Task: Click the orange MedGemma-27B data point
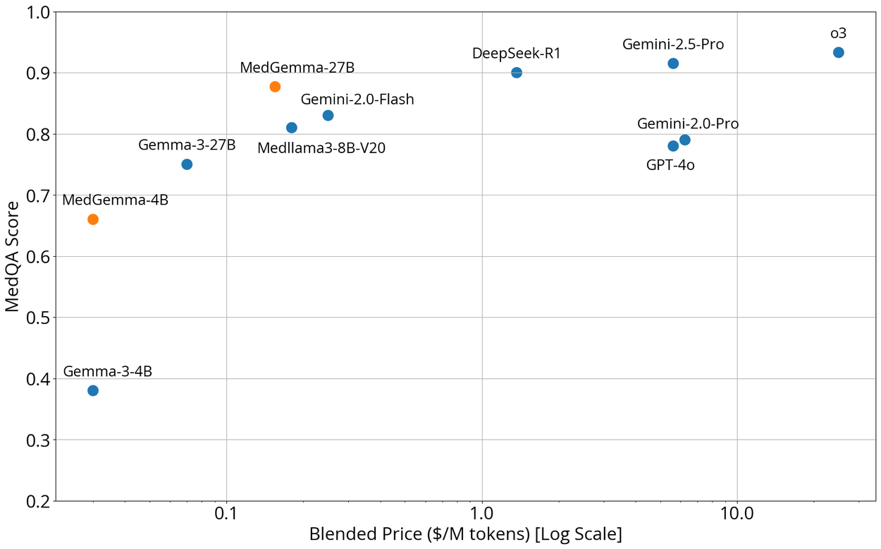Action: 275,87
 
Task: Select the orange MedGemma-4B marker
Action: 93,219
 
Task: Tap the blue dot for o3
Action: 838,52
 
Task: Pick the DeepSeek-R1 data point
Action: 517,73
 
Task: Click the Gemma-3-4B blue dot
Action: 93,391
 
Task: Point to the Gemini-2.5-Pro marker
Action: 673,64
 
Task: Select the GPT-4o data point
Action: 673,146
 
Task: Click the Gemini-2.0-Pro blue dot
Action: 684,140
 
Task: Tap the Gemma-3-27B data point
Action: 187,164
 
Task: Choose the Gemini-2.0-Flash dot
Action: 328,116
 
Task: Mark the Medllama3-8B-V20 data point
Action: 292,128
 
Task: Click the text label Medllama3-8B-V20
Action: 321,149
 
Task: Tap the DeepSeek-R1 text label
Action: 517,53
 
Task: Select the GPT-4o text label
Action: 670,166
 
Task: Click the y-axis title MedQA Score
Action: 13,256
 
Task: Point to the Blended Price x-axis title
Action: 465,534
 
